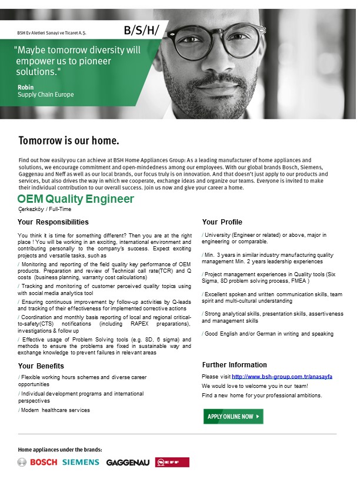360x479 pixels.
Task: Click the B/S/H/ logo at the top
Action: click(141, 30)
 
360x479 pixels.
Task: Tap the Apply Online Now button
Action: click(233, 416)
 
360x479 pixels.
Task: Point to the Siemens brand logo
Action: click(81, 462)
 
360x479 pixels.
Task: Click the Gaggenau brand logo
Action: click(128, 463)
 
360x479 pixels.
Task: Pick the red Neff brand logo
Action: click(172, 463)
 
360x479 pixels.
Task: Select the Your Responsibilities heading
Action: click(53, 222)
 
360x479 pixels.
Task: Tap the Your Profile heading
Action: click(222, 222)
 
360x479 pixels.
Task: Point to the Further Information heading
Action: click(234, 364)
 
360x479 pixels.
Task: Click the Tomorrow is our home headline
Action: click(69, 141)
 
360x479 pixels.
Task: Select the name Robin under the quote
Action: click(26, 88)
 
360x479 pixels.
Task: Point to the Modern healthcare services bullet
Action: click(55, 410)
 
